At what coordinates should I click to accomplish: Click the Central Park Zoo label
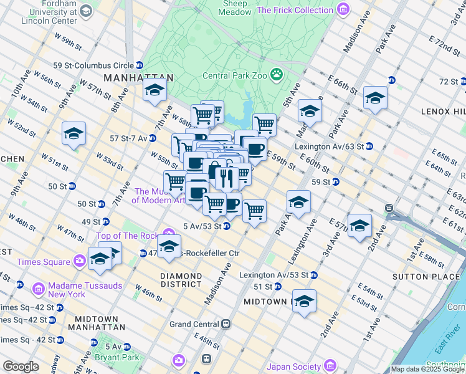(x=234, y=75)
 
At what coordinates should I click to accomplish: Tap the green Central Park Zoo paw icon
(x=277, y=75)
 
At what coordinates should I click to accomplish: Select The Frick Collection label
(x=295, y=10)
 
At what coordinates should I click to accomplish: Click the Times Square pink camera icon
(x=79, y=261)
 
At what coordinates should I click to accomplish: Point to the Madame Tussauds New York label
(x=66, y=289)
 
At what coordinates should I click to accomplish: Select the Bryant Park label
(x=108, y=357)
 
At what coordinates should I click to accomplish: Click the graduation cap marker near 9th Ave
(x=74, y=133)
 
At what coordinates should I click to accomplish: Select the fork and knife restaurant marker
(x=224, y=178)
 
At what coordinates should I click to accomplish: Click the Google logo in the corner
(x=21, y=367)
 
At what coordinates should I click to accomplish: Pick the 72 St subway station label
(x=447, y=81)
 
